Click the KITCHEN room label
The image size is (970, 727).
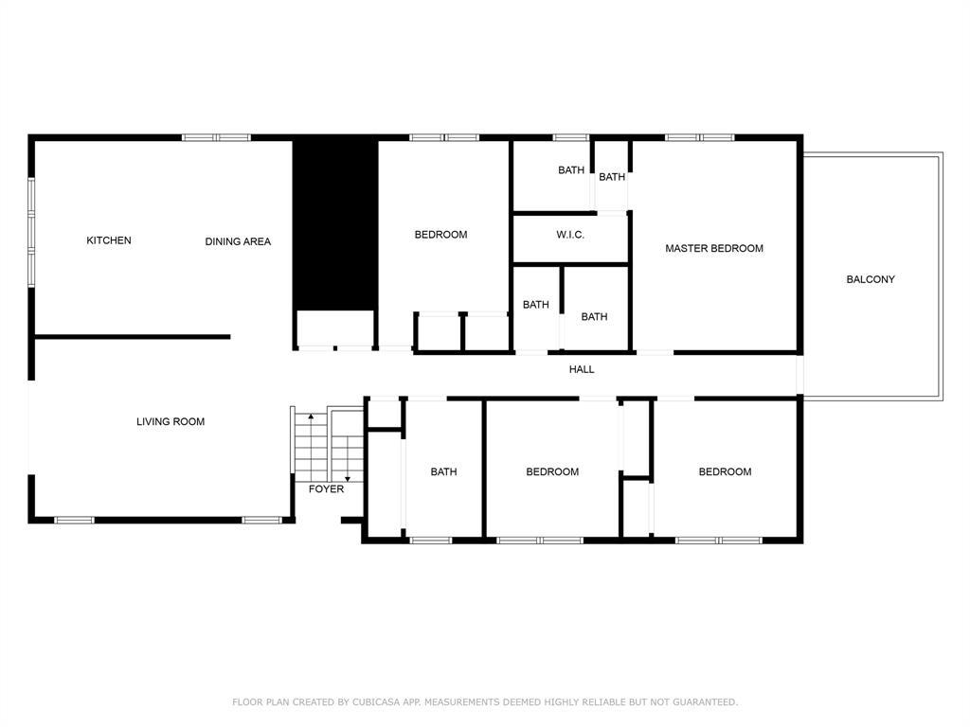tap(109, 240)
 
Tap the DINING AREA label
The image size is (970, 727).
tap(238, 241)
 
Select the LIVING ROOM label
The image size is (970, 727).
tap(171, 422)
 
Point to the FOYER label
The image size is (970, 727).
tap(326, 489)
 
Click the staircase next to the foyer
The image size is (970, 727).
tap(327, 445)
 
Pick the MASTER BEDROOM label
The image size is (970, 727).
tap(713, 249)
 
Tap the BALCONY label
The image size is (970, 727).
tap(871, 279)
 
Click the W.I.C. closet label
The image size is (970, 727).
tap(570, 235)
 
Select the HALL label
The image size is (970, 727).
tap(582, 369)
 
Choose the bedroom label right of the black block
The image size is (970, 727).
tap(440, 235)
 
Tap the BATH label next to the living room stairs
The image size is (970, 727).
tap(443, 471)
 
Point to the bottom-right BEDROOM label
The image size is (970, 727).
tap(725, 471)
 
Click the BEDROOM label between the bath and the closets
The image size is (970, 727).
tap(552, 471)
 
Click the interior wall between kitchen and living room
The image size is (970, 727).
tap(133, 336)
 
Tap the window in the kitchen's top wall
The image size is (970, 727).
tap(216, 138)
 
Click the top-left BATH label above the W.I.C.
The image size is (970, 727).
tap(571, 170)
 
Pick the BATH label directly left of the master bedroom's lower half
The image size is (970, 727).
tap(594, 317)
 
